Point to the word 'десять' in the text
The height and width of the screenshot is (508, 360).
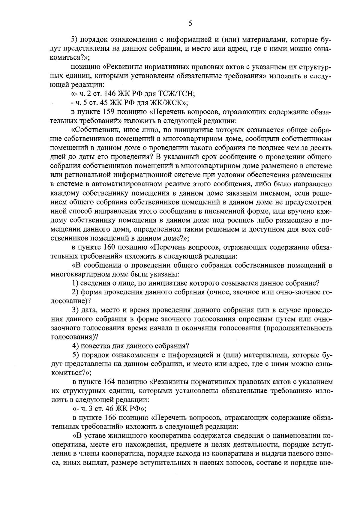coord(321,148)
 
